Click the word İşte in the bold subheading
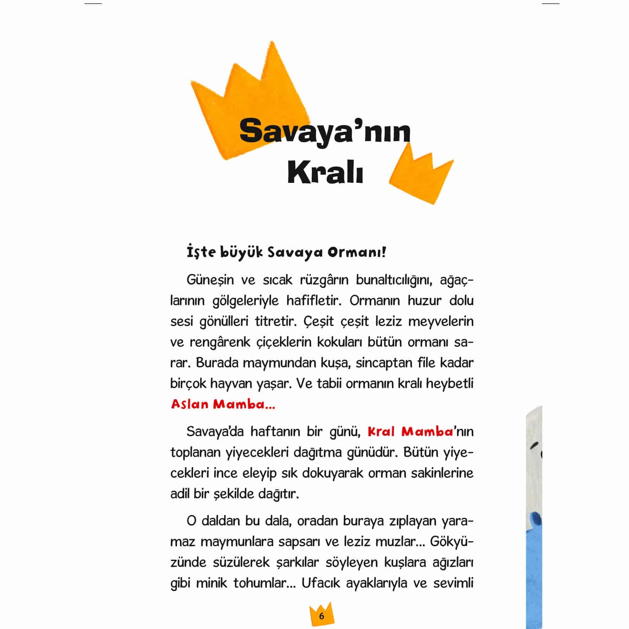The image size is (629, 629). pos(201,253)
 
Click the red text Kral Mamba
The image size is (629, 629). pos(410,431)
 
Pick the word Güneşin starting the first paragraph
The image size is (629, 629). pos(210,280)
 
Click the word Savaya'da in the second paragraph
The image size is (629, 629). pos(215,431)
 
